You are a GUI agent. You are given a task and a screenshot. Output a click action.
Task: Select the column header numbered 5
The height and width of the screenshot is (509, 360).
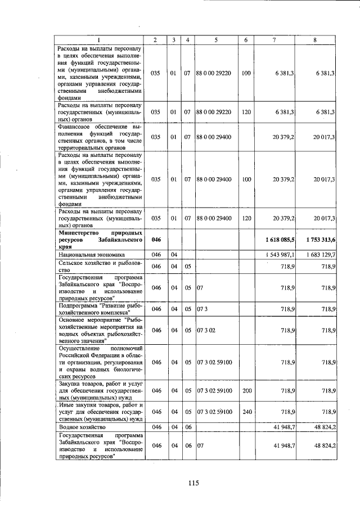coord(216,40)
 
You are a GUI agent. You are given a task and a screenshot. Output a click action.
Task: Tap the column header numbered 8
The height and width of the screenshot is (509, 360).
coord(315,40)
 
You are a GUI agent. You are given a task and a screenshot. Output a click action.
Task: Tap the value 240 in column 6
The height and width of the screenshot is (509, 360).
coord(246,412)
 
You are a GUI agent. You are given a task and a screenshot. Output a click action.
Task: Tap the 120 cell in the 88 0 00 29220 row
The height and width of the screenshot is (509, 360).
coord(246,112)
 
